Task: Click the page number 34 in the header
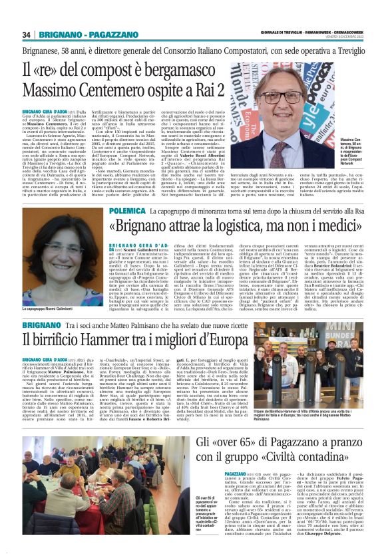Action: (27, 35)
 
